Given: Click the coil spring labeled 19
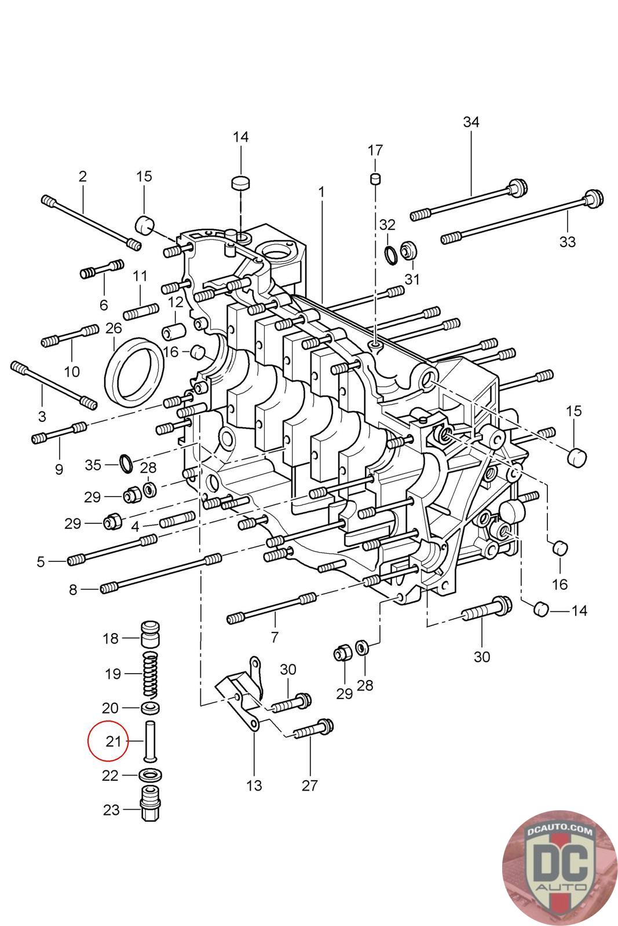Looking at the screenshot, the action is point(150,675).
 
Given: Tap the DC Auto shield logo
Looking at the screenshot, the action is point(560,868).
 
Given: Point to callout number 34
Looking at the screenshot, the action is point(471,122).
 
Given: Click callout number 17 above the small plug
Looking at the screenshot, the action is point(375,150).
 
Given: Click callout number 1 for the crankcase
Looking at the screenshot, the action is point(321,192).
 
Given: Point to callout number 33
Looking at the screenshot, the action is point(567,241).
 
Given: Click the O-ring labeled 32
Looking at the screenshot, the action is point(390,254).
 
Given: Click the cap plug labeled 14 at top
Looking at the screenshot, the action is point(241,182).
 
